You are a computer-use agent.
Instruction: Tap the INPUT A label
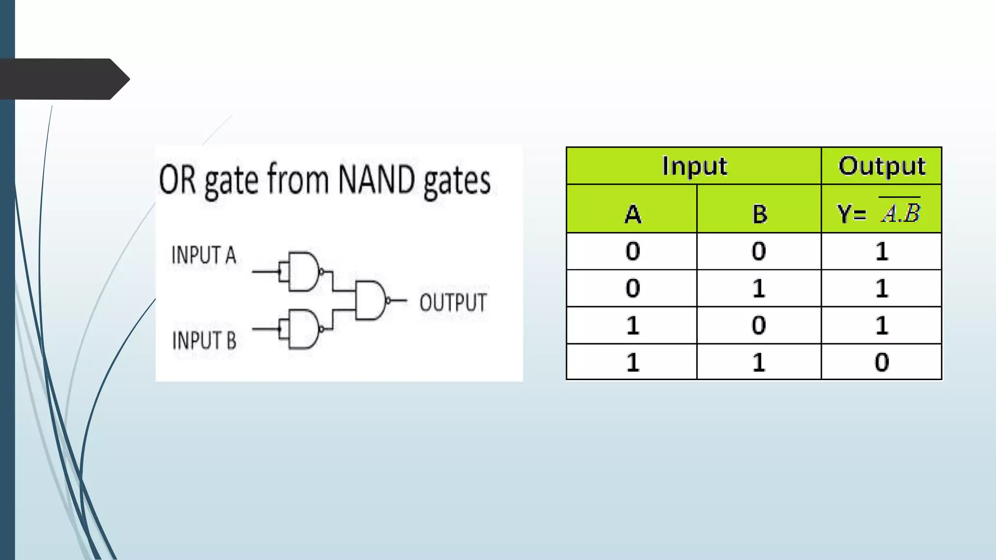(204, 255)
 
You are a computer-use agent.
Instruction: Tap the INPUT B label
(204, 340)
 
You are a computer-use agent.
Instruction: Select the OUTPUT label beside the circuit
(453, 302)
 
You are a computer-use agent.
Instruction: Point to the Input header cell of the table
(694, 166)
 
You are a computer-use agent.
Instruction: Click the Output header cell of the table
(881, 166)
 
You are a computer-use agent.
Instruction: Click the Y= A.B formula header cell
(881, 212)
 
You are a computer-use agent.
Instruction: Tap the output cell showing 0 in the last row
(881, 362)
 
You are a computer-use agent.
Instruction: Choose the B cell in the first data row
(759, 251)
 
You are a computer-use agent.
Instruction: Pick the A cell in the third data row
(632, 325)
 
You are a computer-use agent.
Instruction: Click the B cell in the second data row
(759, 288)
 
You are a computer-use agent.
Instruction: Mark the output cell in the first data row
(881, 251)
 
